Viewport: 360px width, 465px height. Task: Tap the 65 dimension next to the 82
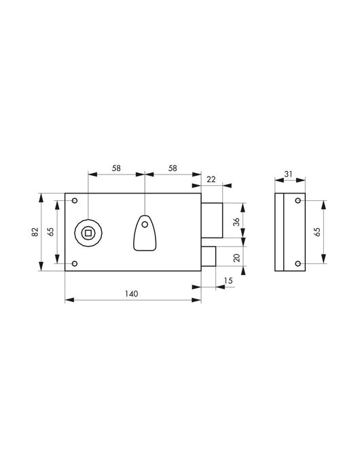click(50, 232)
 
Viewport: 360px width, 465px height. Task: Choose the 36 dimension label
click(236, 222)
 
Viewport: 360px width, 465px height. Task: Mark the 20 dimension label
click(236, 257)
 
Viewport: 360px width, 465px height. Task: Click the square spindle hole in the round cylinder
click(87, 233)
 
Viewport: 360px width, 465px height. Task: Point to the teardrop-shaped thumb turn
click(144, 232)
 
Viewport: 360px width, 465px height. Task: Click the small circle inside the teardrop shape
click(144, 224)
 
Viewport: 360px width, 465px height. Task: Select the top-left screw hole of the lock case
click(75, 200)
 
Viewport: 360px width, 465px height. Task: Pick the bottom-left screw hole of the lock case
click(75, 264)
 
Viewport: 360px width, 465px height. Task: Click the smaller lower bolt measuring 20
click(209, 258)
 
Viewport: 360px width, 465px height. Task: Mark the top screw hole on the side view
click(298, 200)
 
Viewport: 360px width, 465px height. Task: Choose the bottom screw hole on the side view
click(298, 264)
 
